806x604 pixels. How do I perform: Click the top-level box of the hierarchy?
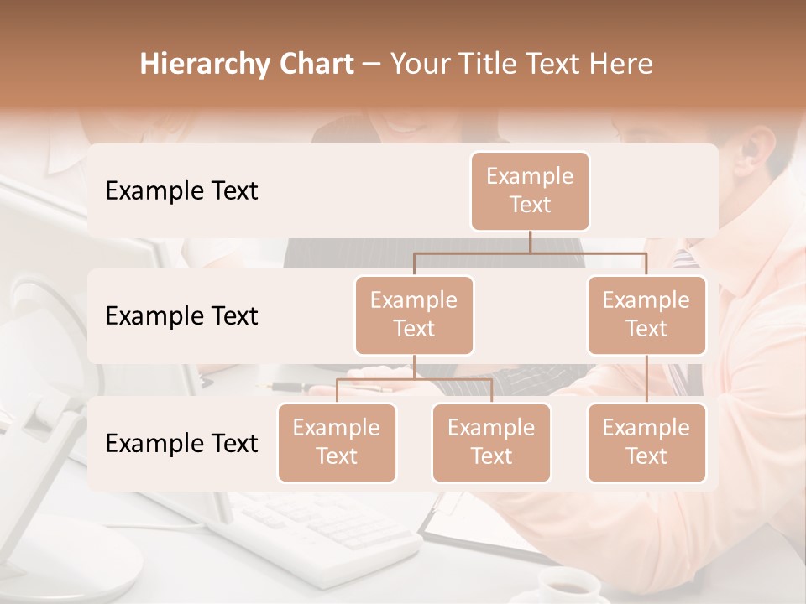point(530,191)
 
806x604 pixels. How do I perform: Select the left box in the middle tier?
point(414,315)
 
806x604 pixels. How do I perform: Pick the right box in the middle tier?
point(646,315)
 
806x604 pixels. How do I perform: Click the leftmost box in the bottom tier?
point(337,443)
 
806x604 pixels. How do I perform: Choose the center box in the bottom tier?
point(491,443)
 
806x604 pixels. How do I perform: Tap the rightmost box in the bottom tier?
point(646,443)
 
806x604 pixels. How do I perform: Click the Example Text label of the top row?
point(181,191)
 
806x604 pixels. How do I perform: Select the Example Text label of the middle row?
point(181,316)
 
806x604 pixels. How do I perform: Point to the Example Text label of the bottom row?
point(181,443)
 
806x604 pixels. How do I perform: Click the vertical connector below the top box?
point(530,242)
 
